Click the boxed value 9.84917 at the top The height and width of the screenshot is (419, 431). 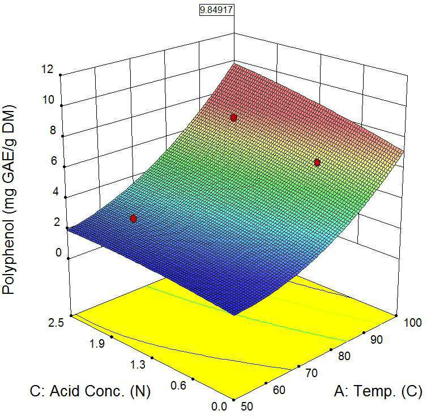tap(216, 10)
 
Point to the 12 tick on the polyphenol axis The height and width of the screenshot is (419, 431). tap(48, 69)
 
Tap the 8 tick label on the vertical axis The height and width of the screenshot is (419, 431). tap(53, 130)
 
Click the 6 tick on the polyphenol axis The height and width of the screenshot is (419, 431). tap(54, 161)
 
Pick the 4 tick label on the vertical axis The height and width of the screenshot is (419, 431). tap(56, 191)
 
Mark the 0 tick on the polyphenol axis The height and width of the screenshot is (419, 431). tap(58, 252)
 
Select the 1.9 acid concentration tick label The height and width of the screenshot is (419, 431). tap(97, 344)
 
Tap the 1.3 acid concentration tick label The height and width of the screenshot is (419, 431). tap(138, 365)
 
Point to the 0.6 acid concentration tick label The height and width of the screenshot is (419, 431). tap(178, 386)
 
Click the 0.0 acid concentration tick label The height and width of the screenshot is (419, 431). tap(219, 407)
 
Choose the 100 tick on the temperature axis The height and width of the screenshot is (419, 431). tap(413, 323)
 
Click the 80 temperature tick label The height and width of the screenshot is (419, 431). tap(344, 356)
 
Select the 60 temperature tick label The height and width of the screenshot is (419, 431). tap(279, 390)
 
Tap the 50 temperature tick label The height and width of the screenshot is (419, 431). tap(246, 407)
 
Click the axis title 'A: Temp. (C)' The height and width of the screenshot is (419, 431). tap(378, 391)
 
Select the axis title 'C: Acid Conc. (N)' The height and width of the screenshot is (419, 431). tap(90, 391)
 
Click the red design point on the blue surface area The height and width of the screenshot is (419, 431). tap(133, 219)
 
